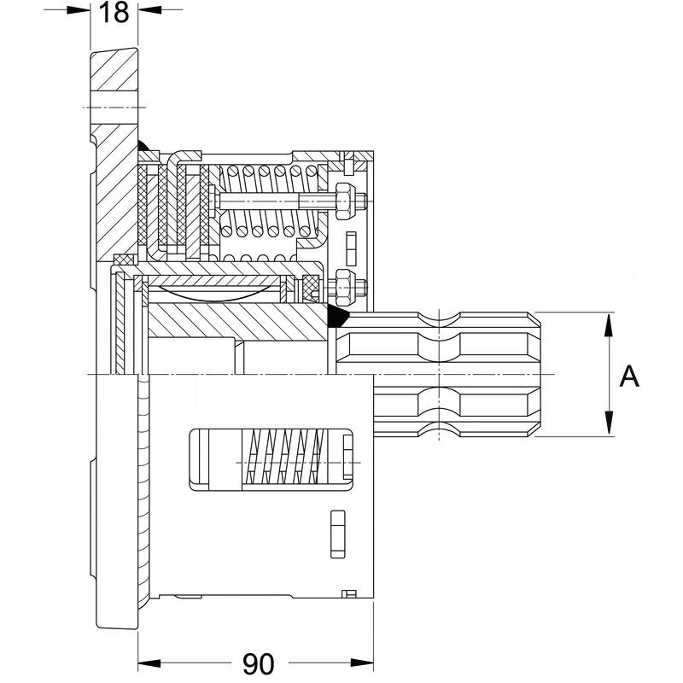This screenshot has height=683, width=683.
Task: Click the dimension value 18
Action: (x=114, y=13)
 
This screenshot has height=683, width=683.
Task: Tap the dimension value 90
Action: (x=257, y=663)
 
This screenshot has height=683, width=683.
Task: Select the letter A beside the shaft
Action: (x=628, y=376)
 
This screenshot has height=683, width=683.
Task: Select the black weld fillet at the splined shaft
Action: (x=336, y=317)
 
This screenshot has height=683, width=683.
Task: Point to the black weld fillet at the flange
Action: (x=144, y=148)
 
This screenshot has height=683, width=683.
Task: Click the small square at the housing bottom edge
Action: (x=347, y=593)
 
